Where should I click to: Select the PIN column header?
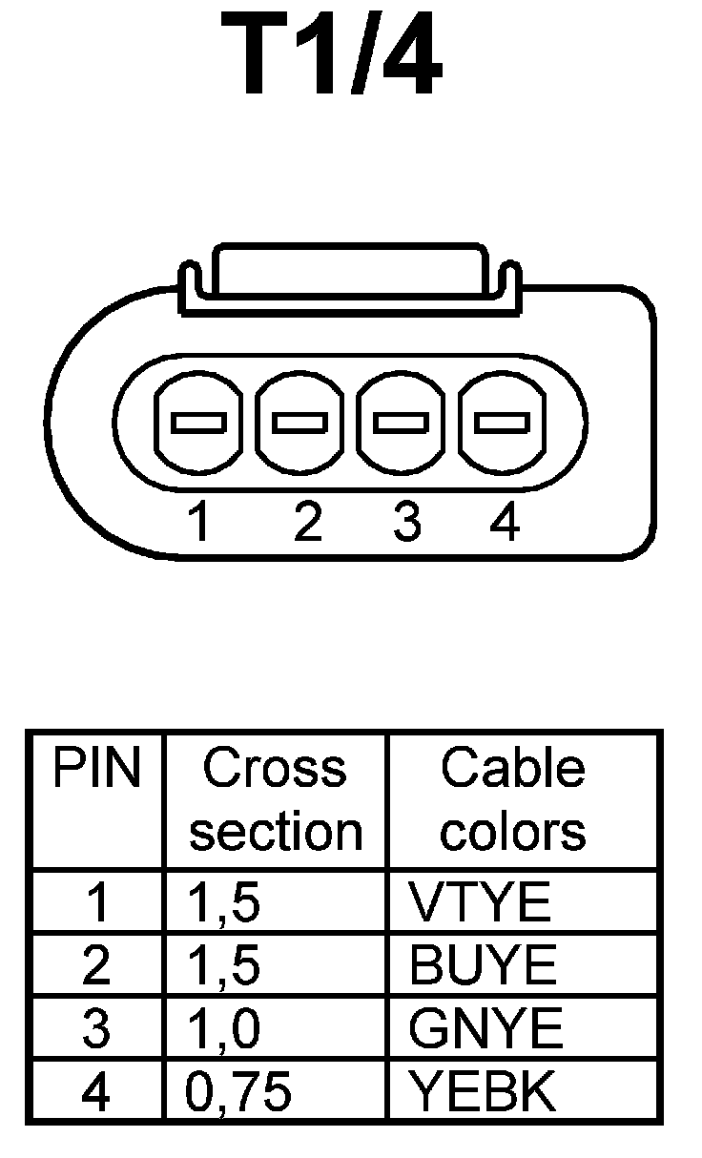[x=96, y=770]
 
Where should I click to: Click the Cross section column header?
[x=276, y=799]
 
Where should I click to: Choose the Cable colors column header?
[x=513, y=799]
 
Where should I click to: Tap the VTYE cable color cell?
[x=480, y=902]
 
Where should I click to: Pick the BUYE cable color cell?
[x=483, y=966]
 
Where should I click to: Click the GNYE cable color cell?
[x=485, y=1029]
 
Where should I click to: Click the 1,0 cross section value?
[x=222, y=1029]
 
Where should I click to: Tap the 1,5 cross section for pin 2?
[x=222, y=966]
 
